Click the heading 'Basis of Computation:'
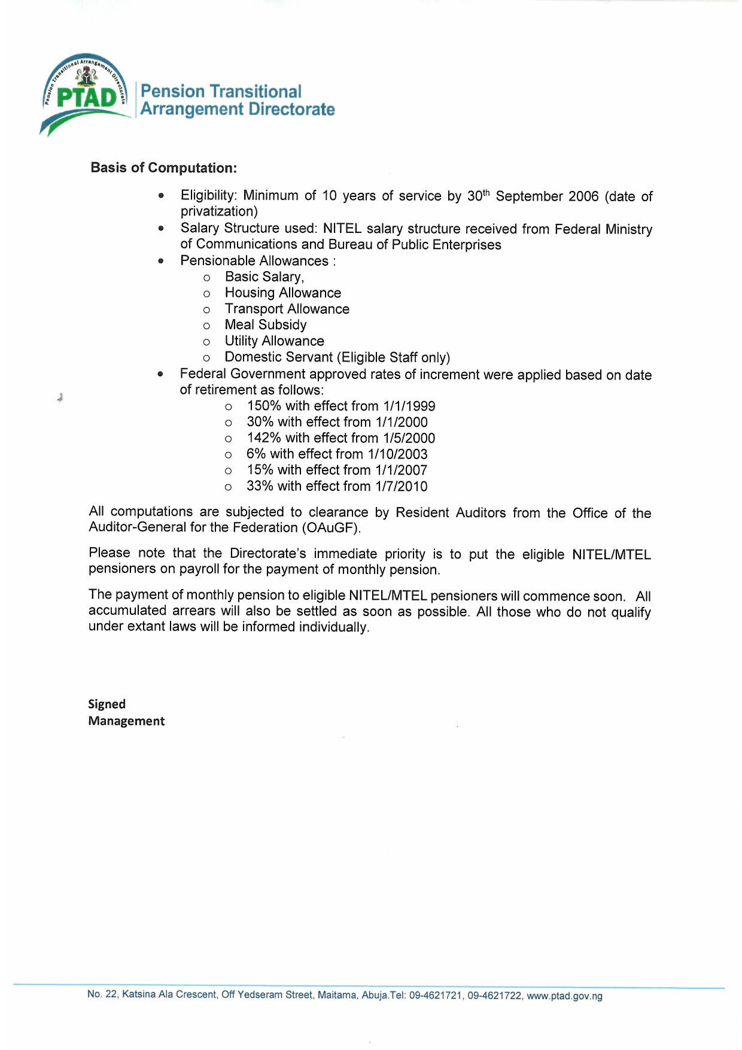(163, 168)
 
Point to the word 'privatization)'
(219, 211)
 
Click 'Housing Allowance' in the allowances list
(282, 293)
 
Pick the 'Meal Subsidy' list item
(265, 324)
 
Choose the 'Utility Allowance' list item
(274, 341)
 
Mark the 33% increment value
(260, 486)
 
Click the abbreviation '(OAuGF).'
(332, 528)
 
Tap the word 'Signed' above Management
(107, 704)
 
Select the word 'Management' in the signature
(126, 721)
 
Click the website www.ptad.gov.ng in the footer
(564, 996)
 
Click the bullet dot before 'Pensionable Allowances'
(160, 261)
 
